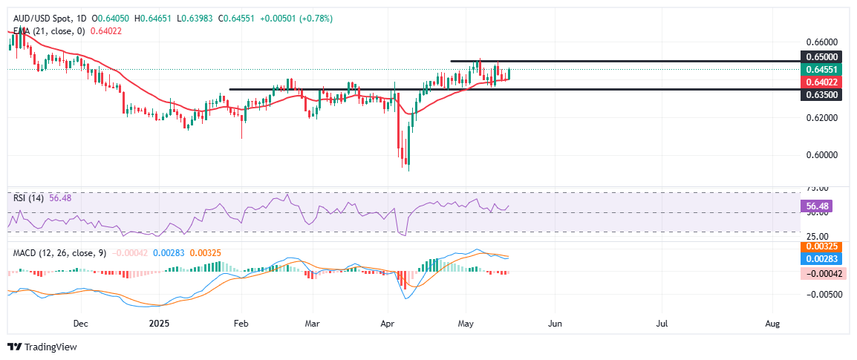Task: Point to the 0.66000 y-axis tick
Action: pyautogui.click(x=822, y=42)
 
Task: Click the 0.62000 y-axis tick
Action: pyautogui.click(x=822, y=118)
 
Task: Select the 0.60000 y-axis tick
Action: pyautogui.click(x=822, y=155)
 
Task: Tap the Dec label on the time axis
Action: pyautogui.click(x=81, y=324)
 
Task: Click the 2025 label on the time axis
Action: pyautogui.click(x=160, y=324)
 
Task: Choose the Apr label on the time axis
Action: pyautogui.click(x=387, y=324)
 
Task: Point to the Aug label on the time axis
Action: pyautogui.click(x=772, y=324)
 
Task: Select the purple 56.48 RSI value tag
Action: pyautogui.click(x=822, y=205)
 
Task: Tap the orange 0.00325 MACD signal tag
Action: pyautogui.click(x=822, y=246)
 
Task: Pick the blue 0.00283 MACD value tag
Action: pyautogui.click(x=822, y=259)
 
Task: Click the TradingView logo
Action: pyautogui.click(x=42, y=347)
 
